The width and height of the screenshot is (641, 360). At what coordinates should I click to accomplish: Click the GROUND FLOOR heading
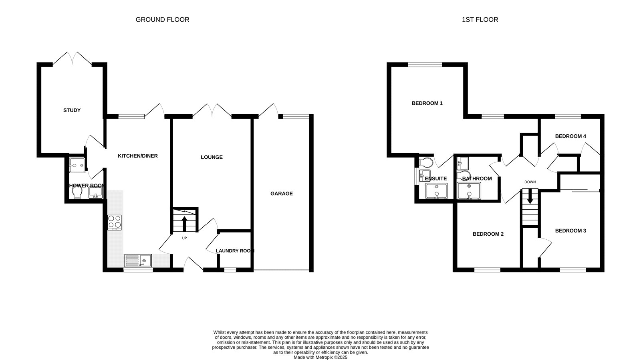click(162, 20)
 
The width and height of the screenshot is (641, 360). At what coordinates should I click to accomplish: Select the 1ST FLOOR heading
click(480, 20)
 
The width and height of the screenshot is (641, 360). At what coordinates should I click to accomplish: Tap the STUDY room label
click(72, 110)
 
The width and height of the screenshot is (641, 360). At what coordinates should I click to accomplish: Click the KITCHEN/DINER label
click(137, 156)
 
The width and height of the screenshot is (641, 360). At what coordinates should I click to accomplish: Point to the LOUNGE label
click(212, 157)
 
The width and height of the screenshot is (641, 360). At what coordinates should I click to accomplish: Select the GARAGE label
click(281, 194)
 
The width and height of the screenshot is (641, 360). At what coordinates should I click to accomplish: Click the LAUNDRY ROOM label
click(235, 251)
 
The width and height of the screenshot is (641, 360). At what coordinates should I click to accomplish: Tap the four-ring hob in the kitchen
click(115, 222)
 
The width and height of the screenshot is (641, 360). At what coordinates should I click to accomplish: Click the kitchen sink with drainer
click(138, 261)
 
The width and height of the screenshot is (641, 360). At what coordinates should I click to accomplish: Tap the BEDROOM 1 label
click(427, 103)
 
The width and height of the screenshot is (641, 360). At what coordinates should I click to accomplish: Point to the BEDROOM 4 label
click(570, 136)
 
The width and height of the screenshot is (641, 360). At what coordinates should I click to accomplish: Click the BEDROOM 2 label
click(488, 234)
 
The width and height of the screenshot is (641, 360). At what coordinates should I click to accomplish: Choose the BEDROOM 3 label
click(570, 231)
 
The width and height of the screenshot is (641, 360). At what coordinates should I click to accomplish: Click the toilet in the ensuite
click(426, 162)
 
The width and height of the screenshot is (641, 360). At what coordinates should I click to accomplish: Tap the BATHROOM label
click(477, 179)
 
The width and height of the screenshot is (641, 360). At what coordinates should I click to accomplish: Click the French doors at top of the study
click(73, 59)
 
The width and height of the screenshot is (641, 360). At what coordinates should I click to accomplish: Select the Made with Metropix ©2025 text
click(320, 357)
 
